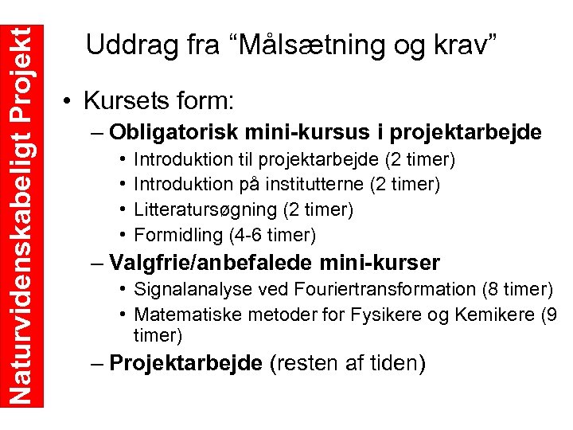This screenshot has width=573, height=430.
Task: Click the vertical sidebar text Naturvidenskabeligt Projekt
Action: click(x=22, y=203)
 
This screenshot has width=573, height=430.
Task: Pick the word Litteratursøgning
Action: click(x=202, y=209)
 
